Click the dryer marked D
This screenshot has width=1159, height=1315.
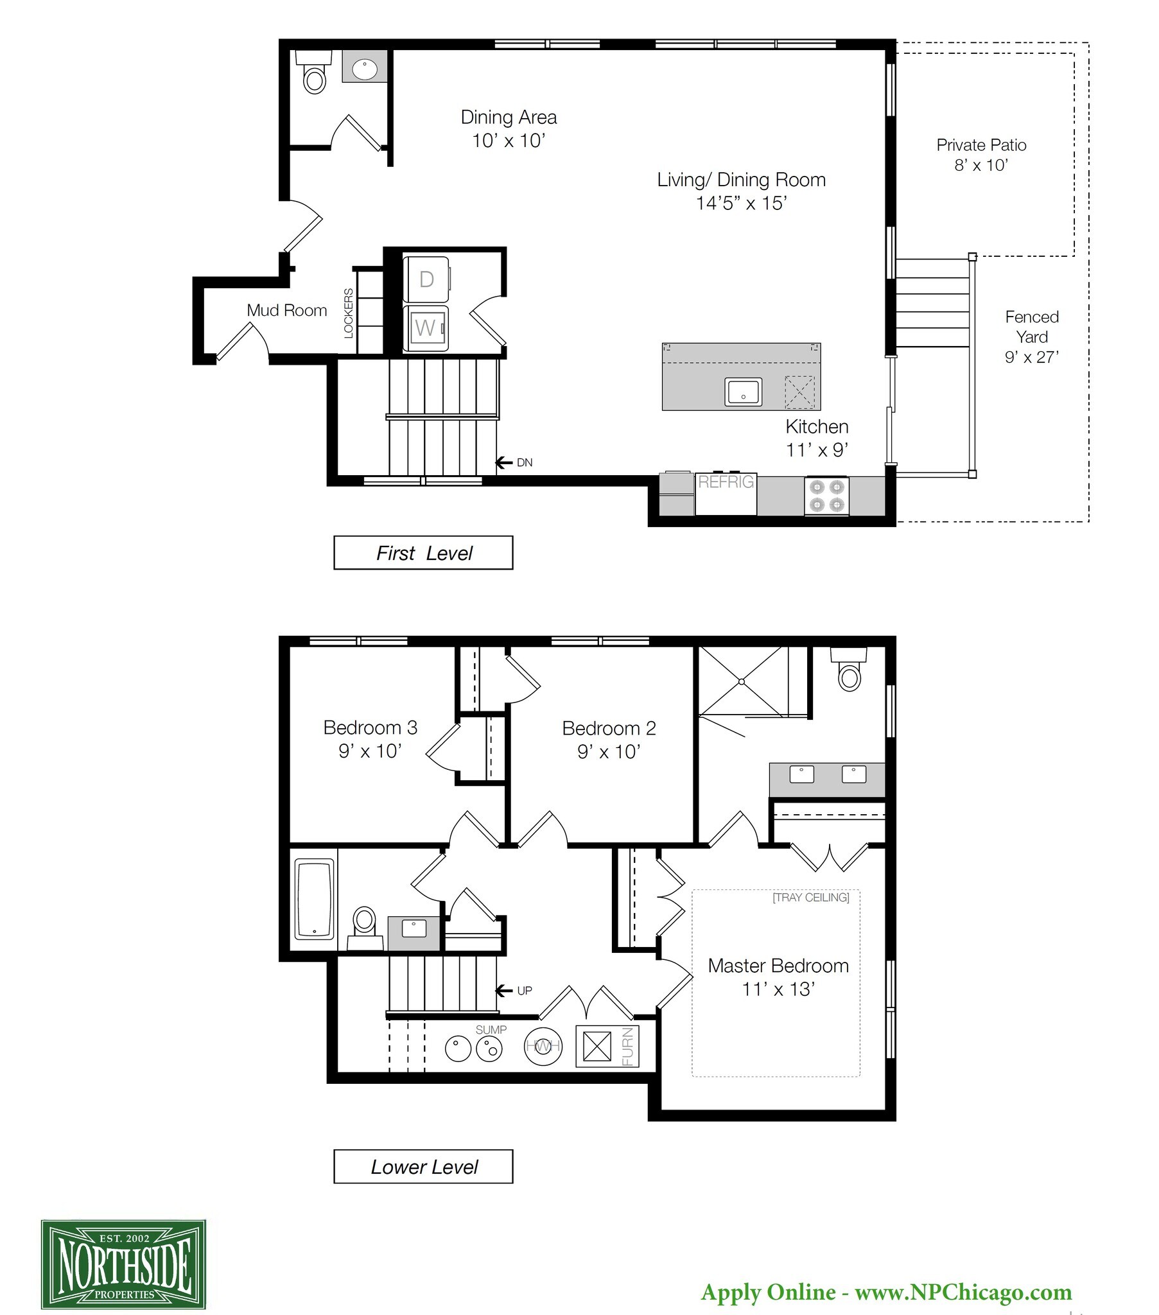tap(426, 279)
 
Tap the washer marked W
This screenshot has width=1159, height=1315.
tap(426, 328)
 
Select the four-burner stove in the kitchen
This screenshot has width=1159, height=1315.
tap(826, 496)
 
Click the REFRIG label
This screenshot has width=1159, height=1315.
tap(726, 482)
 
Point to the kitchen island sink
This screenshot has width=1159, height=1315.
tap(744, 392)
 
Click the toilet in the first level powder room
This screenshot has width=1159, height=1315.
tap(314, 72)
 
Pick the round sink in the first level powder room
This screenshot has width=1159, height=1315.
tap(364, 67)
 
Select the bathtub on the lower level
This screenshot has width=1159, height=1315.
tap(314, 900)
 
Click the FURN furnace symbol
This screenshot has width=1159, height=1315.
tap(607, 1046)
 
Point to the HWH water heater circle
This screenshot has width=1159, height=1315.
tap(543, 1046)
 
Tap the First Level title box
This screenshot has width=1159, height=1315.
tap(423, 553)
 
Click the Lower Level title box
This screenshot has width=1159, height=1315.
tap(423, 1167)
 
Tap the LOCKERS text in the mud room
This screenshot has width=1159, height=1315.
tap(349, 313)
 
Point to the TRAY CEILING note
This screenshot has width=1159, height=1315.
tap(811, 897)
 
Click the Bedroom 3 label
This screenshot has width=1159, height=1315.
tap(370, 727)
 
